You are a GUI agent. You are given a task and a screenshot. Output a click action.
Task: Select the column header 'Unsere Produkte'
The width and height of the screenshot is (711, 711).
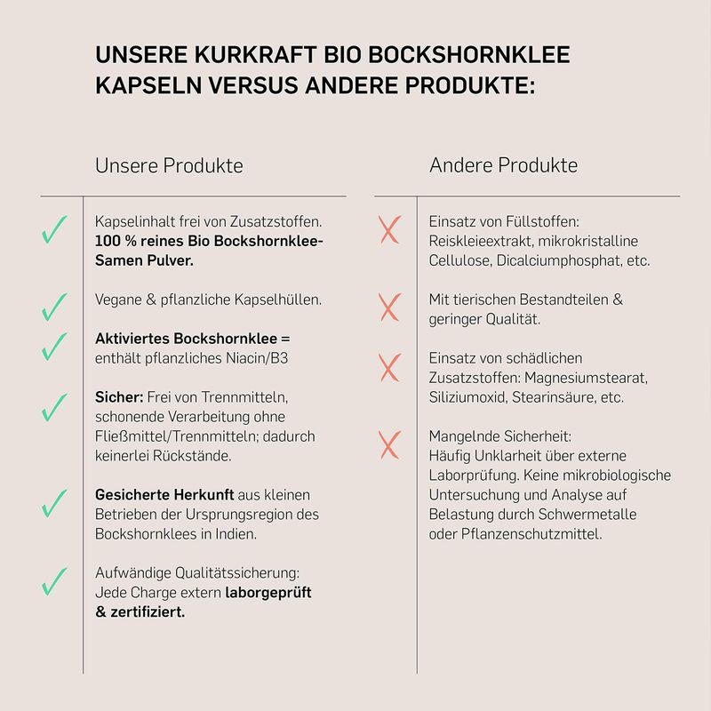point(169,166)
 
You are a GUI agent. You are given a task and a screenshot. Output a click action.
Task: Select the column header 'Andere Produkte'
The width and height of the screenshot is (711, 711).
point(503,166)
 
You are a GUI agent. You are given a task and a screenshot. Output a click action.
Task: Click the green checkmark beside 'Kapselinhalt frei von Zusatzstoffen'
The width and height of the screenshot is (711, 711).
point(54,231)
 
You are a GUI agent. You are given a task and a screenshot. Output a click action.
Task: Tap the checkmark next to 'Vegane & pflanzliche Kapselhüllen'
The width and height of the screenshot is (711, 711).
point(54,307)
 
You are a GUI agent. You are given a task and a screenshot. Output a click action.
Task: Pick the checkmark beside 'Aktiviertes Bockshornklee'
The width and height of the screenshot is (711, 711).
point(54,346)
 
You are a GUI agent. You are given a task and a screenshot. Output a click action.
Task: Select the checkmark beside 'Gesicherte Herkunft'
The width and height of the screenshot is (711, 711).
point(54,503)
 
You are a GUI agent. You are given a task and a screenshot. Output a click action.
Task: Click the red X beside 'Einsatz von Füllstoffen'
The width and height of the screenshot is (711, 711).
point(389,231)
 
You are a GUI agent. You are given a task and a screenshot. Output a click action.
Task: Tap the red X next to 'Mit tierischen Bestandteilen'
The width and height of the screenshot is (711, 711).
point(389,308)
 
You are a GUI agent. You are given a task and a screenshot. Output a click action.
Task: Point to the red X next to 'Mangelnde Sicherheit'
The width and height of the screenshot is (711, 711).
point(389,444)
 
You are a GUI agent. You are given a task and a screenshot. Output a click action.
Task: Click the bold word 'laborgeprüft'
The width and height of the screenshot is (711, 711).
point(268,593)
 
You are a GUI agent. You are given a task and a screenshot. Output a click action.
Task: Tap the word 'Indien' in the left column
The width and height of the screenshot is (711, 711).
point(241,534)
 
